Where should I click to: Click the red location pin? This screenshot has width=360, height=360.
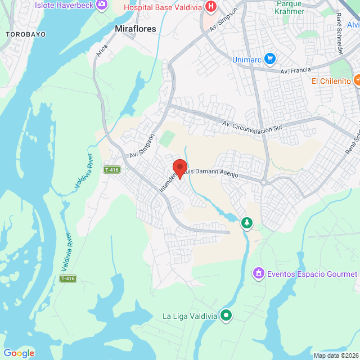pyautogui.click(x=179, y=168)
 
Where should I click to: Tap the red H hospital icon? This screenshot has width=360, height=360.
pyautogui.click(x=210, y=7)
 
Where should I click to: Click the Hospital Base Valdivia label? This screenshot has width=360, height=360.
pyautogui.click(x=163, y=7)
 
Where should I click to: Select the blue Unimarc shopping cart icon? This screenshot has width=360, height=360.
pyautogui.click(x=270, y=58)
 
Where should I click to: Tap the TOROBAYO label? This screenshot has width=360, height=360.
pyautogui.click(x=25, y=34)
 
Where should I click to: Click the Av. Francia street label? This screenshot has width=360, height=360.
pyautogui.click(x=295, y=71)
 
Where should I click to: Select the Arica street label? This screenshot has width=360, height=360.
pyautogui.click(x=102, y=51)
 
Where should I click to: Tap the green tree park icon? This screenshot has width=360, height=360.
pyautogui.click(x=246, y=223)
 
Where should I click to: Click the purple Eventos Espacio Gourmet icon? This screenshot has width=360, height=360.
pyautogui.click(x=258, y=273)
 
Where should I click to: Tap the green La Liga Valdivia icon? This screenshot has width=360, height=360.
pyautogui.click(x=226, y=315)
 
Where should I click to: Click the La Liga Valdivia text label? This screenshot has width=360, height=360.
pyautogui.click(x=190, y=316)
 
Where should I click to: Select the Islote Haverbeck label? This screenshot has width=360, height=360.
pyautogui.click(x=65, y=4)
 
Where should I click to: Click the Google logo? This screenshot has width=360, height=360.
pyautogui.click(x=19, y=353)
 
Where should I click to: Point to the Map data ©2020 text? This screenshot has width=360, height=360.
pyautogui.click(x=335, y=355)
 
